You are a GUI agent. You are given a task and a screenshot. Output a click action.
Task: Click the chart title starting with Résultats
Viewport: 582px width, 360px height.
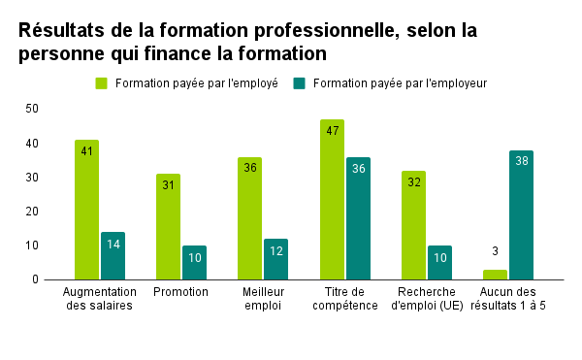pyautogui.click(x=247, y=42)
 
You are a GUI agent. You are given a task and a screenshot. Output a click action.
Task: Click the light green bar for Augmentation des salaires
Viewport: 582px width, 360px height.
pyautogui.click(x=86, y=210)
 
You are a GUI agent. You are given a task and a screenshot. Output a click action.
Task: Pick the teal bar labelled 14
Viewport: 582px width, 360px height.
pyautogui.click(x=113, y=255)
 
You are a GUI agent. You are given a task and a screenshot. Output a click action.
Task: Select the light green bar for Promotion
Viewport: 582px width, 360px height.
pyautogui.click(x=168, y=226)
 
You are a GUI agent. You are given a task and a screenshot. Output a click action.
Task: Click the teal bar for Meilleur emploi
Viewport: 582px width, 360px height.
pyautogui.click(x=275, y=258)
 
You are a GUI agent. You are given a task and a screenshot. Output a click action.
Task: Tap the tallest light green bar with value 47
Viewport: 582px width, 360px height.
pyautogui.click(x=332, y=199)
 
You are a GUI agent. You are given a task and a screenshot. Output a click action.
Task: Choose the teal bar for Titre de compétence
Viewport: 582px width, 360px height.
pyautogui.click(x=358, y=218)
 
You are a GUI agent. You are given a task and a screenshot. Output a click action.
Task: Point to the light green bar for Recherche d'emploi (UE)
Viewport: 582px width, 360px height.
pyautogui.click(x=413, y=225)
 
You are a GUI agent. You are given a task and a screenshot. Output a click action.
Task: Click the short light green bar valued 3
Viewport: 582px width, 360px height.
pyautogui.click(x=495, y=275)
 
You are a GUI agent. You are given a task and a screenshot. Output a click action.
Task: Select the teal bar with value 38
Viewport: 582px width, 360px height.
pyautogui.click(x=521, y=214)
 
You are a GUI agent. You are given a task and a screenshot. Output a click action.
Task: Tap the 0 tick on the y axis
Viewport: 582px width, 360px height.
pyautogui.click(x=35, y=279)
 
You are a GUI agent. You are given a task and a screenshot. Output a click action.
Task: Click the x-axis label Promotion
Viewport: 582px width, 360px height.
pyautogui.click(x=181, y=292)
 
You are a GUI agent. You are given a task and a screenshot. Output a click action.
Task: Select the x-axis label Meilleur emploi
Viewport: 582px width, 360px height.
pyautogui.click(x=263, y=299)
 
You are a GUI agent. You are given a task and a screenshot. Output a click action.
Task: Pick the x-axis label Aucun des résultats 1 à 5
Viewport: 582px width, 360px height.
pyautogui.click(x=508, y=299)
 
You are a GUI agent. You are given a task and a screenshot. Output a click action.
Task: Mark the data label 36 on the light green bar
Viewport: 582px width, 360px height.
pyautogui.click(x=249, y=168)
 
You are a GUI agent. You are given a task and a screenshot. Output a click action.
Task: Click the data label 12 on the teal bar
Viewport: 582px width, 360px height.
pyautogui.click(x=275, y=249)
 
